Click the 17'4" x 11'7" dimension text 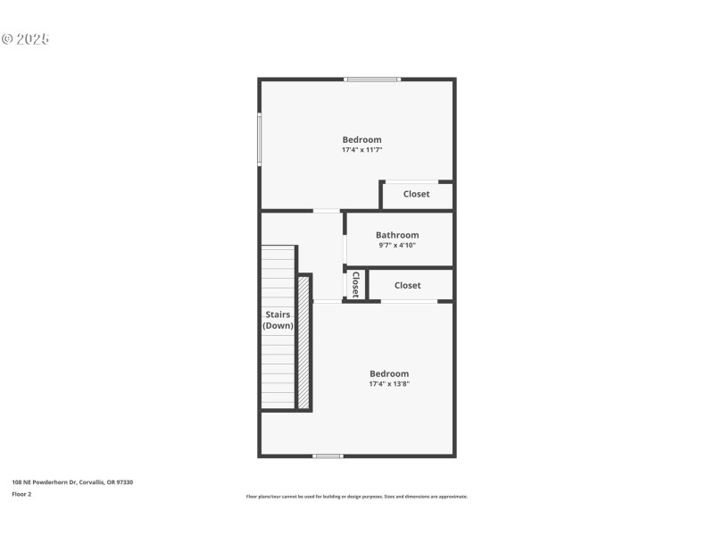click(x=361, y=150)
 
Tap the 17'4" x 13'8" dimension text click(x=389, y=384)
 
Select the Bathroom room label click(x=396, y=235)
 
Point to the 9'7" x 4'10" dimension click(x=396, y=245)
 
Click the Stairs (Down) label click(x=278, y=320)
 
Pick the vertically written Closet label click(x=355, y=284)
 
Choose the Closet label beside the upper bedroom click(x=416, y=194)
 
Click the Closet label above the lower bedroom click(x=407, y=285)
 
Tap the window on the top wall click(x=372, y=80)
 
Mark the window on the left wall click(x=260, y=138)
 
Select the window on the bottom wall click(x=328, y=456)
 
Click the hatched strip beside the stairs click(x=303, y=342)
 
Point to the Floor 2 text click(x=21, y=493)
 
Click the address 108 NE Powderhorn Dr click(x=72, y=482)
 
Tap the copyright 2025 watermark click(x=25, y=39)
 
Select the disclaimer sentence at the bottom click(x=356, y=497)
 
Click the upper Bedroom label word click(x=361, y=139)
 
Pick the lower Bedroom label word click(x=389, y=373)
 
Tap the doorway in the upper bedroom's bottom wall click(x=327, y=211)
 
